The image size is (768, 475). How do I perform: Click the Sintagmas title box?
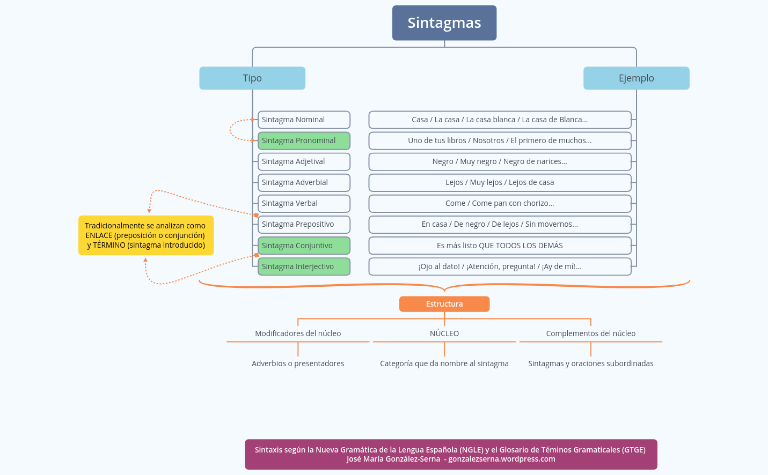tap(444, 23)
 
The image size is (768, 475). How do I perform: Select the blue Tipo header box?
tap(252, 78)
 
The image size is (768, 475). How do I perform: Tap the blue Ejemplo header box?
tap(636, 78)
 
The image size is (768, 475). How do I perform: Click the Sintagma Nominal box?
tap(304, 120)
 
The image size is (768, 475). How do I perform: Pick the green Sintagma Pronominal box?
tap(304, 140)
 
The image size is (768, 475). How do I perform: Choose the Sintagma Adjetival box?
tap(304, 161)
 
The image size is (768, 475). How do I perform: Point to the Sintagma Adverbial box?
tap(304, 182)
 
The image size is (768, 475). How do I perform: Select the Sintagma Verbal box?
tap(304, 203)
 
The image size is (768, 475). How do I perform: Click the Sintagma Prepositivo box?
tap(304, 224)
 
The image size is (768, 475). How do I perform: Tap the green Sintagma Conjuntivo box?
tap(304, 246)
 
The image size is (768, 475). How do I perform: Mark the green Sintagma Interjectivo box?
tap(304, 266)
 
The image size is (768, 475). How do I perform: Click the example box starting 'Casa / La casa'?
tap(500, 120)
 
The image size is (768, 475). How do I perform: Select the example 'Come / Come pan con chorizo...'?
tap(500, 203)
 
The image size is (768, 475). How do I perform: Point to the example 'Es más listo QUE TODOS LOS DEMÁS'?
tap(500, 246)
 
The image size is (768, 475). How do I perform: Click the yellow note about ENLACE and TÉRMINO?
tap(145, 235)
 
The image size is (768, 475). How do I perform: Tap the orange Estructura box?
tap(444, 304)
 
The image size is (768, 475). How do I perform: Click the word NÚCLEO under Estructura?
tap(444, 333)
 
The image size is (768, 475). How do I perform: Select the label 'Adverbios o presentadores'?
tap(298, 363)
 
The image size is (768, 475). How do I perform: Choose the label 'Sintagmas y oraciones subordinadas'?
tap(590, 363)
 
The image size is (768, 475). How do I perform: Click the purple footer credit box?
tap(451, 454)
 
